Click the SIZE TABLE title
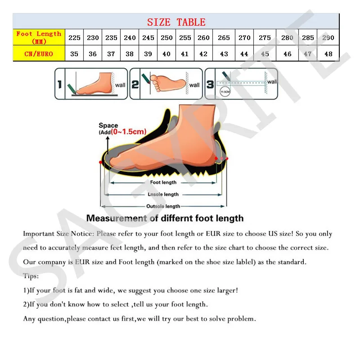click(176, 22)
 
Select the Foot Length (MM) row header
click(39, 37)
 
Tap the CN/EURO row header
click(39, 54)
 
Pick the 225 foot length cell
click(75, 38)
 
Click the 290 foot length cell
click(328, 38)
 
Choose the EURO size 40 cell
click(166, 54)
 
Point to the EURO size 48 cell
click(328, 54)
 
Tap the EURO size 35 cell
click(75, 54)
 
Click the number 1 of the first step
click(59, 84)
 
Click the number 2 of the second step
click(135, 84)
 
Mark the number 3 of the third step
click(210, 84)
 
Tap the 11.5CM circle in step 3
click(224, 93)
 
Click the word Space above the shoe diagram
click(108, 126)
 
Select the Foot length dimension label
click(163, 183)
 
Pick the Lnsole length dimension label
click(163, 194)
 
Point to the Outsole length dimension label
click(163, 206)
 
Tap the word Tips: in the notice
click(31, 276)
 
